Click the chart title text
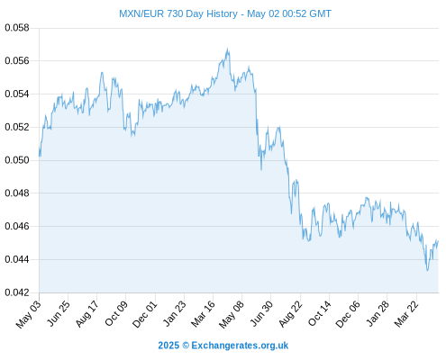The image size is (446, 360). (x=225, y=13)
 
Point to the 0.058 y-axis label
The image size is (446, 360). (x=17, y=28)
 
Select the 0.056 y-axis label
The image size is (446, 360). (x=17, y=61)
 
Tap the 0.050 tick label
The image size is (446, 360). (x=17, y=160)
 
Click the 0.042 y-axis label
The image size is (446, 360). (x=17, y=292)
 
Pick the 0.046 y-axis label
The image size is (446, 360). (x=17, y=226)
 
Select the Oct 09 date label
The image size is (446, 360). (x=116, y=313)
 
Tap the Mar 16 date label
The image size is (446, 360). (x=204, y=314)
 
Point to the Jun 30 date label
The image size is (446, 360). (x=261, y=313)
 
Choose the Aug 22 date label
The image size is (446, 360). (x=290, y=314)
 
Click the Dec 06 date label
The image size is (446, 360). (x=348, y=314)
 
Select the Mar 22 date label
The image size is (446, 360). (x=406, y=314)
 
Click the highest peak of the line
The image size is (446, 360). (x=228, y=49)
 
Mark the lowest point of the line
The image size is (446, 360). (x=427, y=270)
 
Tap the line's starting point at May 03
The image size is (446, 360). (x=40, y=156)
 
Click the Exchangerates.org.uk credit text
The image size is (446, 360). (x=240, y=346)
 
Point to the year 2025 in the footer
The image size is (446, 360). (x=168, y=346)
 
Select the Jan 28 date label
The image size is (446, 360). (x=378, y=314)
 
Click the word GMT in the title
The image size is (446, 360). (x=320, y=13)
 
